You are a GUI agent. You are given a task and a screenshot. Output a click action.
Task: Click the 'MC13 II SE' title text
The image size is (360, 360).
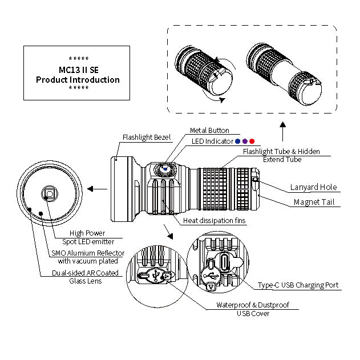(78, 70)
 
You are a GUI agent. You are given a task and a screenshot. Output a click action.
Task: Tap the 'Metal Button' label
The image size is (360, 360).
(209, 131)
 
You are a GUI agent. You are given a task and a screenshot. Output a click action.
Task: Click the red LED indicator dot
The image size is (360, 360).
(252, 141)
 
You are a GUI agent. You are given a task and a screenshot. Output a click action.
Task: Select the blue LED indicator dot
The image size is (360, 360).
(238, 141)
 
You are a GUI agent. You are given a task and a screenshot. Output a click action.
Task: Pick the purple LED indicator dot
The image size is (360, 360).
(245, 141)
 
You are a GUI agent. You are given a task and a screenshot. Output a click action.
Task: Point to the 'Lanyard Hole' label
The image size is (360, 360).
(313, 187)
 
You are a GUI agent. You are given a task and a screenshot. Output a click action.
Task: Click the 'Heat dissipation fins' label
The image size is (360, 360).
(215, 221)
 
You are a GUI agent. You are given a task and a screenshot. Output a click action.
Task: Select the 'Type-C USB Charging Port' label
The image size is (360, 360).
(298, 285)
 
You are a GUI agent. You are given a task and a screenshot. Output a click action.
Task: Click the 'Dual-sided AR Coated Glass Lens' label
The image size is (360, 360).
(85, 277)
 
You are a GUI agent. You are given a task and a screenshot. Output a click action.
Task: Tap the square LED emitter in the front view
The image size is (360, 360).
(48, 194)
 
